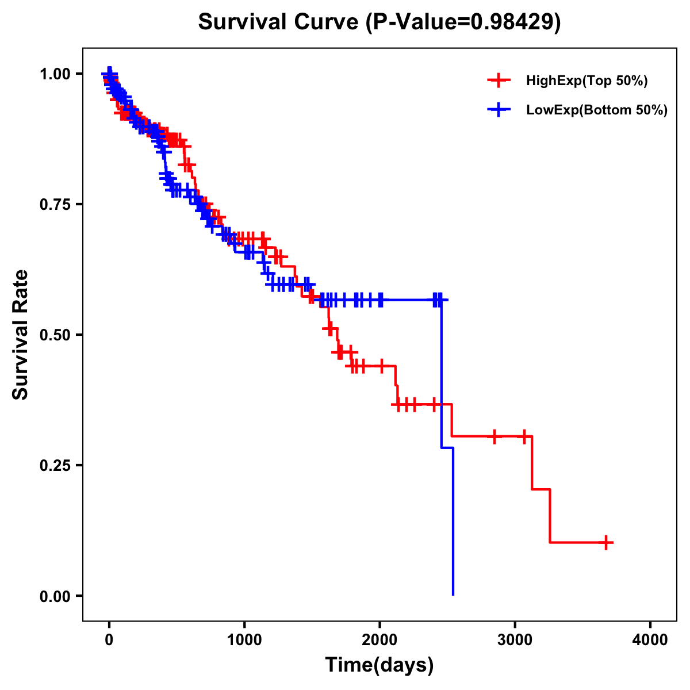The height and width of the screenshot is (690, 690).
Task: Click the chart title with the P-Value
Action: point(379,22)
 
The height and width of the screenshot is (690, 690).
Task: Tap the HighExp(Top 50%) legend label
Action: point(586,81)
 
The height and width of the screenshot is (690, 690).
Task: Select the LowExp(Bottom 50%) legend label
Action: point(597,110)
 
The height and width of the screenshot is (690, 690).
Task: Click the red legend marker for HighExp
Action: point(499,80)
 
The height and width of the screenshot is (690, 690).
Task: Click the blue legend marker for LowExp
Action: point(499,110)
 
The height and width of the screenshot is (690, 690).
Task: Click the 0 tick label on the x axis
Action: point(109,640)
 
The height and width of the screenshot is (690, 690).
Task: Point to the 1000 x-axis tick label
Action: point(244,640)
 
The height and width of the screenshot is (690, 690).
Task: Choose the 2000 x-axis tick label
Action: point(379,640)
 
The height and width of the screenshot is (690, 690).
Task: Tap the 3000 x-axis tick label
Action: point(515,640)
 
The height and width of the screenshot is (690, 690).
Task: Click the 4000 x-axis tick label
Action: point(650,640)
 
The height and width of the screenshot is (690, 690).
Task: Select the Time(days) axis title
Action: point(379,665)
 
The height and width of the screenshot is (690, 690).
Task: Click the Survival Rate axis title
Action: point(21,335)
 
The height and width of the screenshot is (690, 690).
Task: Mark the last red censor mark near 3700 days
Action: point(606,542)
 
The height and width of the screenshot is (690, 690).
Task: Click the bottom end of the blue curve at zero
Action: point(453,594)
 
